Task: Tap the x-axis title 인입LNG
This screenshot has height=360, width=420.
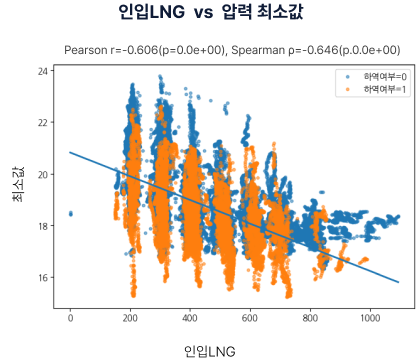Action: (210, 350)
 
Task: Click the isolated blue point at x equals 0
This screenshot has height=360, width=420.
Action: (70, 213)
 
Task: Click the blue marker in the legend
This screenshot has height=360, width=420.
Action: (347, 76)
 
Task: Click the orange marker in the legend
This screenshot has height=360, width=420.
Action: (347, 89)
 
